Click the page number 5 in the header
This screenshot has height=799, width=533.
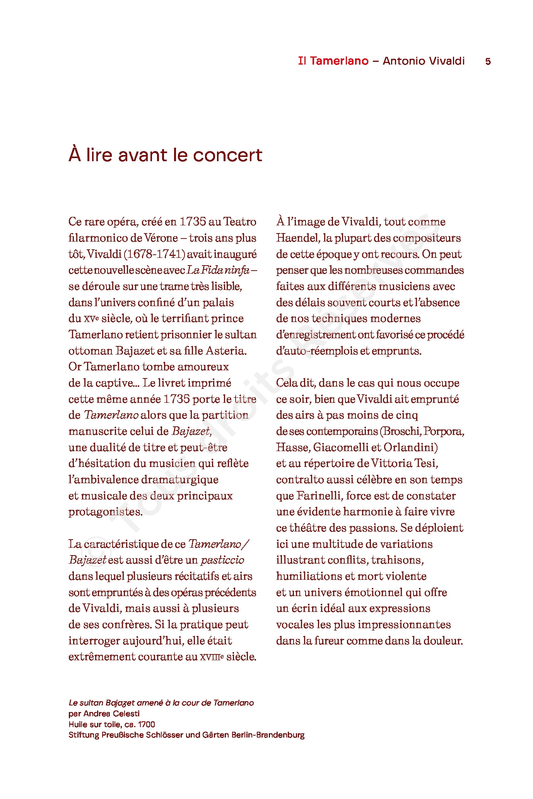[x=488, y=61]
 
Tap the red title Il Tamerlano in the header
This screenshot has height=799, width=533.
[x=333, y=61]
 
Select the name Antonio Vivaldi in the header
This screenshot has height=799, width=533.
[x=424, y=61]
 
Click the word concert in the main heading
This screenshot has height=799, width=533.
[x=227, y=155]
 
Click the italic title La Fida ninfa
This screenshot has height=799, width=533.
[x=218, y=270]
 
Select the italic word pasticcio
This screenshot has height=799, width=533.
[x=222, y=560]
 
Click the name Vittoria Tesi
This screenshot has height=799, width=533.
[x=404, y=463]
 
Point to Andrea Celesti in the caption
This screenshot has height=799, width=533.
[x=111, y=714]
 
